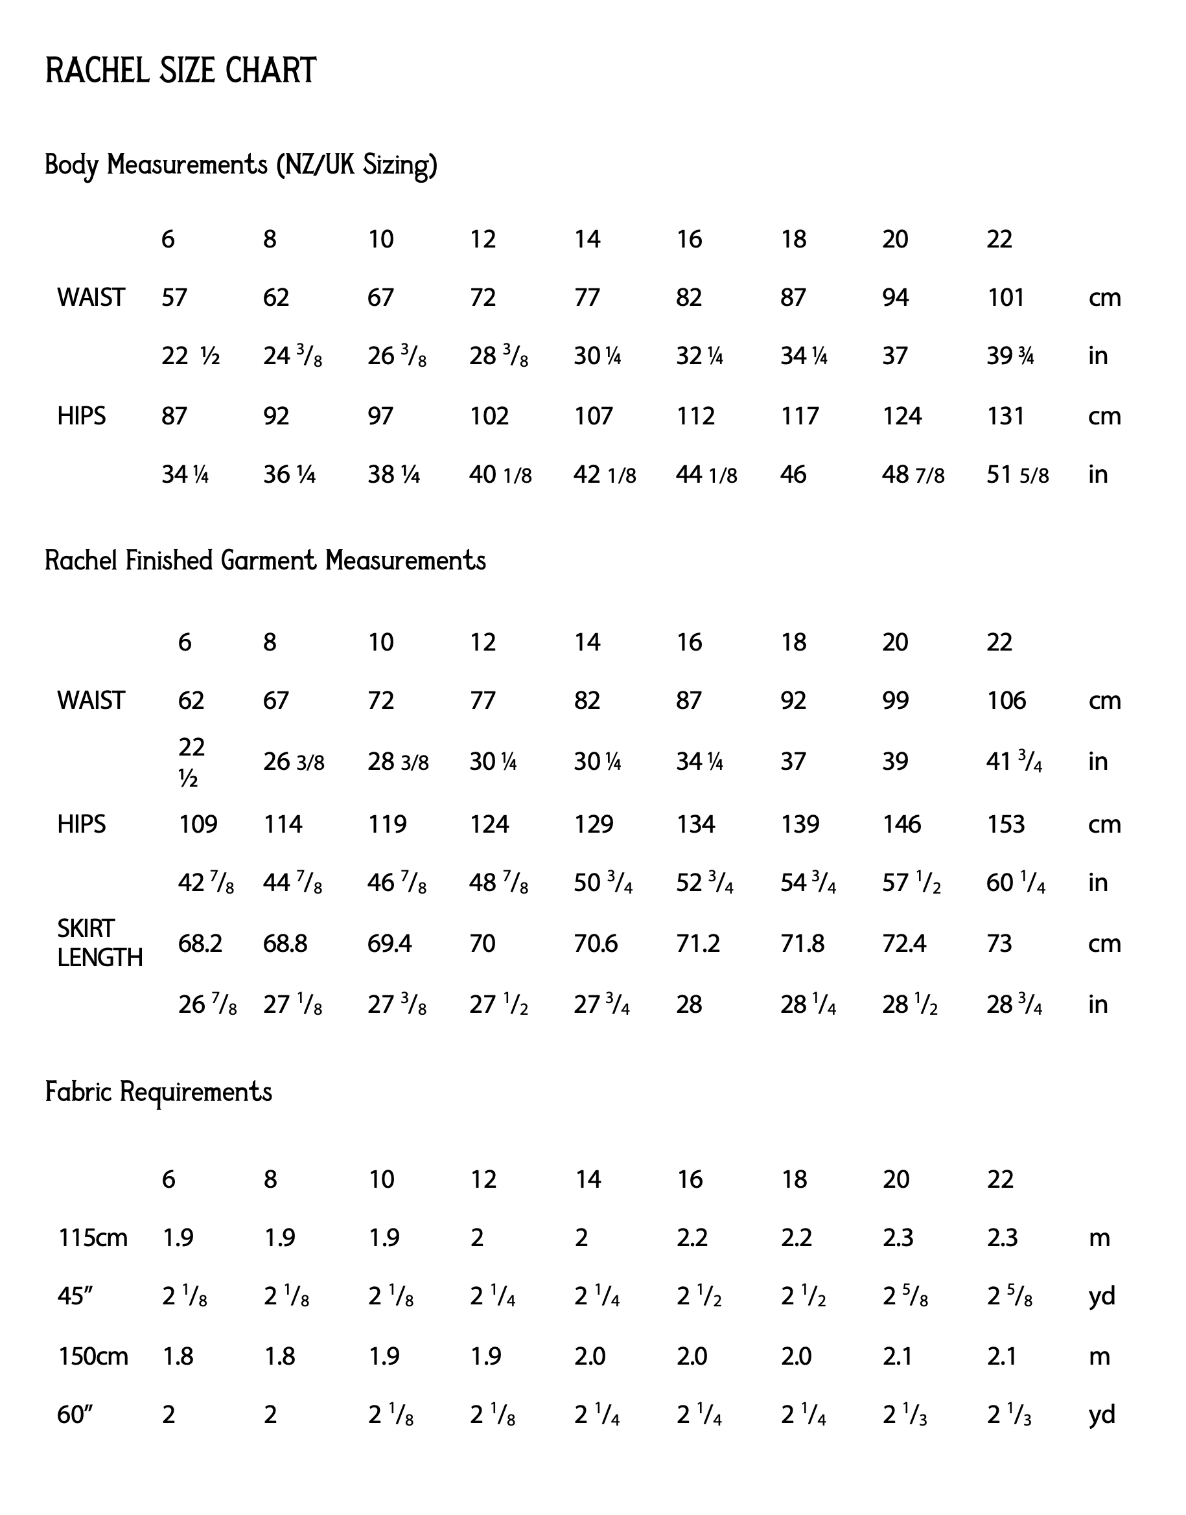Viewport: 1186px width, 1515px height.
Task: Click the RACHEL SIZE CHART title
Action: coord(181,71)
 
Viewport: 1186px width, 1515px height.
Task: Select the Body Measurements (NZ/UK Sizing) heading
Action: coord(241,165)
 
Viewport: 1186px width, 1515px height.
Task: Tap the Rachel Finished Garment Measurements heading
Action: coord(265,561)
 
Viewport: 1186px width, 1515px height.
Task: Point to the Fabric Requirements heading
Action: coord(158,1092)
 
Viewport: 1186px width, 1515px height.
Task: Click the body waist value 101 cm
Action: coord(1005,298)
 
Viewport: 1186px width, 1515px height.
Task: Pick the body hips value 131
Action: coord(1005,417)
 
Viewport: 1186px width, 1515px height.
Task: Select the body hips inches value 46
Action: coord(793,475)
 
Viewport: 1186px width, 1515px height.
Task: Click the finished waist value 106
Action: coord(1006,700)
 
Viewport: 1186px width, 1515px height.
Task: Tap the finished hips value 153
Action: coord(1005,825)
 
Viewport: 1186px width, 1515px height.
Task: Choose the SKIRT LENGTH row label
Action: coord(99,943)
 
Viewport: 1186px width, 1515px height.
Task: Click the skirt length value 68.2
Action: coord(200,944)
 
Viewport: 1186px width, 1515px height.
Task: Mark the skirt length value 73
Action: coord(999,944)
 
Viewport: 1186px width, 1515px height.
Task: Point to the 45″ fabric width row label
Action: coord(75,1296)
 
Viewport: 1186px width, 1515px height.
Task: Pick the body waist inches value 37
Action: coord(895,357)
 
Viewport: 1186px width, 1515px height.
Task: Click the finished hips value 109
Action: coord(198,825)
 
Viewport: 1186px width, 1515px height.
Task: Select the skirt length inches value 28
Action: coord(689,1004)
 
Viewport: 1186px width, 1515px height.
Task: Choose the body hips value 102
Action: coord(489,417)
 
